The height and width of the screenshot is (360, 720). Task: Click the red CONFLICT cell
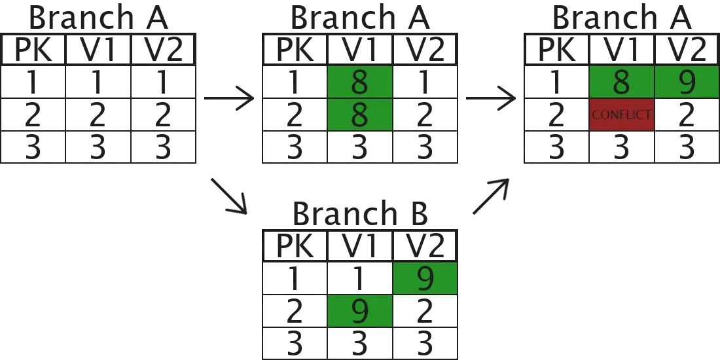coord(621,115)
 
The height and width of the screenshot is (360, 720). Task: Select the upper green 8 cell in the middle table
coord(359,82)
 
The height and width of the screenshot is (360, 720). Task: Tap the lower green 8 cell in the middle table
coord(359,115)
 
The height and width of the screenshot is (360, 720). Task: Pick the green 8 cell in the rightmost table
coord(621,82)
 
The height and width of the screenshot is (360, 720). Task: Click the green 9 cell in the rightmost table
coord(686,82)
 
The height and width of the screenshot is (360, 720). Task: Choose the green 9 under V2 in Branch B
coord(425,278)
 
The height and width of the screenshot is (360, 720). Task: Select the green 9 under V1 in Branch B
coord(359,311)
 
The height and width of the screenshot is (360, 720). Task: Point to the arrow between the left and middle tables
coord(229,98)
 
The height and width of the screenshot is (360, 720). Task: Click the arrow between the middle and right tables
coord(491,98)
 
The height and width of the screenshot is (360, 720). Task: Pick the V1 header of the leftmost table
coord(98,50)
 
